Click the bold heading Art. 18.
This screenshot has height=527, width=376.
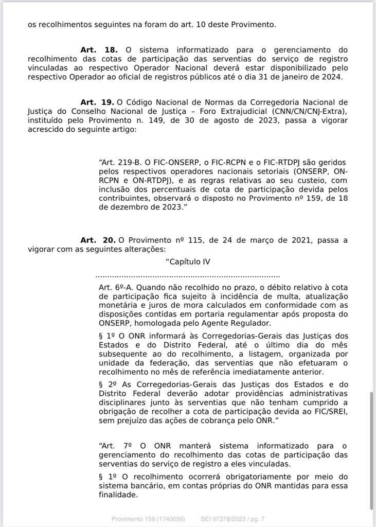click(99, 50)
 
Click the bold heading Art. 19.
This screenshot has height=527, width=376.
click(98, 102)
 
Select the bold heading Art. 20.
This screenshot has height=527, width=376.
click(98, 240)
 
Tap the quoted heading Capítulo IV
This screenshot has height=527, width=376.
click(188, 261)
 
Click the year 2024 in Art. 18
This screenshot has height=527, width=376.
click(333, 77)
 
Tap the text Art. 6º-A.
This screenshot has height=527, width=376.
click(116, 287)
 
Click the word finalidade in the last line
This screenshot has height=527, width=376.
click(118, 495)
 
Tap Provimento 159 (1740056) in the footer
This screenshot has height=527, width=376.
click(148, 519)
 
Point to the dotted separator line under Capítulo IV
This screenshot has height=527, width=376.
click(188, 276)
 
